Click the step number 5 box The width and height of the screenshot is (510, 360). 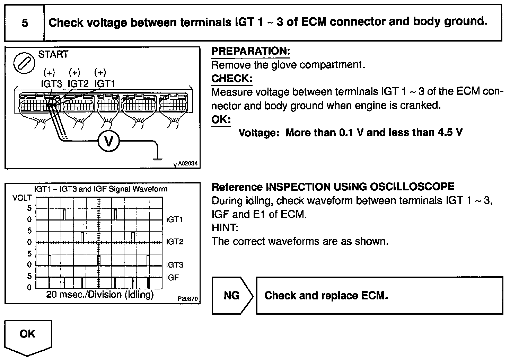click(25, 23)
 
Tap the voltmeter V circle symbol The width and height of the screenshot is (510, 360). click(108, 141)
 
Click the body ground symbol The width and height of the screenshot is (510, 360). click(158, 160)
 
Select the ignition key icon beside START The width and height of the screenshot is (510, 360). click(24, 63)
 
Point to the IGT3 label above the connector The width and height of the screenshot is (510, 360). click(51, 84)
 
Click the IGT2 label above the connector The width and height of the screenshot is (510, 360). click(78, 84)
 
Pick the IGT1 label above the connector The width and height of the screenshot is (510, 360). click(105, 84)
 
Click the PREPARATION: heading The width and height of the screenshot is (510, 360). click(250, 51)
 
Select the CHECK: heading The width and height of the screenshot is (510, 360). click(232, 79)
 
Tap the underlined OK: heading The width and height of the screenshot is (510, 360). click(221, 120)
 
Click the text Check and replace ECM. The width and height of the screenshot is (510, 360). click(326, 296)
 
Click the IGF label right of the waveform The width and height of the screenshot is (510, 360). click(172, 277)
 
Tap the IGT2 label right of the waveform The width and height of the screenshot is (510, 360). click(174, 242)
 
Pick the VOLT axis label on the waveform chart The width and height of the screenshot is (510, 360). click(22, 198)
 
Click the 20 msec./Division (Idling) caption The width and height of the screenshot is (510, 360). click(100, 295)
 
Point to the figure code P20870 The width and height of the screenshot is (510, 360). click(188, 298)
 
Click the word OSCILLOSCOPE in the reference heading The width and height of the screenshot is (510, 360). click(412, 187)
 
